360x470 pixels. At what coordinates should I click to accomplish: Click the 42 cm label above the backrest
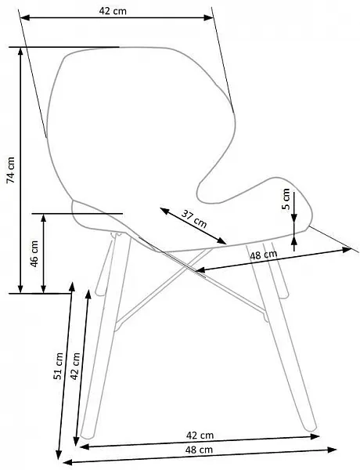coord(113,11)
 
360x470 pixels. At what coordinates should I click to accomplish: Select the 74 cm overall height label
coord(10,170)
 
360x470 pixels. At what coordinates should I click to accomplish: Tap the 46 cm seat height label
coord(34,254)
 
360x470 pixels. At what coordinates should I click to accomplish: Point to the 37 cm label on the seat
coord(194,219)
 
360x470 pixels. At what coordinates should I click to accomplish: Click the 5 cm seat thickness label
coord(286,199)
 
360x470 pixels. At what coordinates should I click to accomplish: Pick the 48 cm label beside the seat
coord(264,255)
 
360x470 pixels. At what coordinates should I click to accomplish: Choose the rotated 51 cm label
coord(59,367)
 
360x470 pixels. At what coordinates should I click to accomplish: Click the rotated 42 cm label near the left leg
coord(75,367)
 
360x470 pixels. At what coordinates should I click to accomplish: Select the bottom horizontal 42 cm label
coord(200,436)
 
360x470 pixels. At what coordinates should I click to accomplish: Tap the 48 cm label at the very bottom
coord(199,450)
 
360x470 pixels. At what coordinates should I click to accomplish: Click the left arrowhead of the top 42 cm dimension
coord(25,18)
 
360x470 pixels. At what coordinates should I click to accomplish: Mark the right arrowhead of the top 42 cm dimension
coord(208,18)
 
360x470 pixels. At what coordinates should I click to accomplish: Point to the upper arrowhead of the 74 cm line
coord(20,52)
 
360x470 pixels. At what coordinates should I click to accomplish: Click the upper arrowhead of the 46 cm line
coord(43,219)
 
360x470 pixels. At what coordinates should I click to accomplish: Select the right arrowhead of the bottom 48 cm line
coord(332,450)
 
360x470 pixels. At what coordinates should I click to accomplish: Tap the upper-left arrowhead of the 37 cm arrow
coord(164,211)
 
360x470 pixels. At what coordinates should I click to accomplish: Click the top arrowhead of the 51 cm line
coord(71,287)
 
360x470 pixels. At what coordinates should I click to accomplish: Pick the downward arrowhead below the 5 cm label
coord(294,219)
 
